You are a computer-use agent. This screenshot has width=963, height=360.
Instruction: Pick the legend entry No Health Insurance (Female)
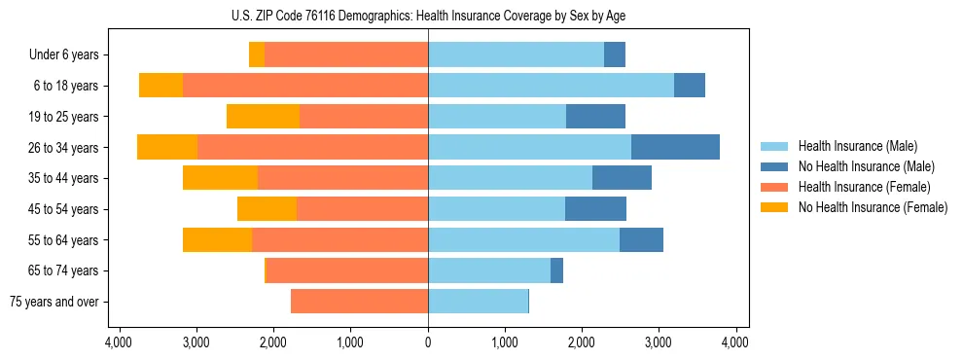click(873, 207)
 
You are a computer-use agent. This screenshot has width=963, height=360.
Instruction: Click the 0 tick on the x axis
click(428, 342)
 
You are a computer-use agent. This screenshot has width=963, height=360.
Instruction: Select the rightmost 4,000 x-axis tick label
click(735, 342)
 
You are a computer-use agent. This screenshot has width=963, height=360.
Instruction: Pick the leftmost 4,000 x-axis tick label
click(119, 342)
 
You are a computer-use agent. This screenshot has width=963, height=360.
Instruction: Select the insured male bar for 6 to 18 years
click(551, 86)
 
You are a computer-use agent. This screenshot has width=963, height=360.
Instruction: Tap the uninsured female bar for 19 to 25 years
click(263, 117)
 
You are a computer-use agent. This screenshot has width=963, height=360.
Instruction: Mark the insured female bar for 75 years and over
click(359, 302)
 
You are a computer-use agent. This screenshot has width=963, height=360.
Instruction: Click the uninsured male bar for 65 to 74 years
click(556, 270)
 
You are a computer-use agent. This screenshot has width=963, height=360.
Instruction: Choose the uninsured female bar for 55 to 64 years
click(217, 239)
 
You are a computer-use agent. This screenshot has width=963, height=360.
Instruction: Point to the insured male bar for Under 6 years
click(516, 55)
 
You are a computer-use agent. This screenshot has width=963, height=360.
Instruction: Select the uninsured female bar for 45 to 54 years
click(267, 209)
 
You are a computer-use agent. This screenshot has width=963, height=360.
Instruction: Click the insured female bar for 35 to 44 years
click(342, 178)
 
